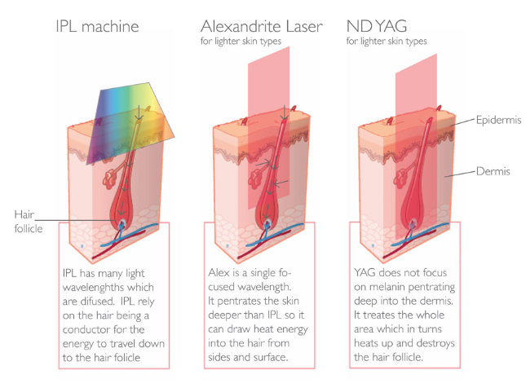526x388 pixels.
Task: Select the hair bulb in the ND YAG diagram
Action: coord(412,222)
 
